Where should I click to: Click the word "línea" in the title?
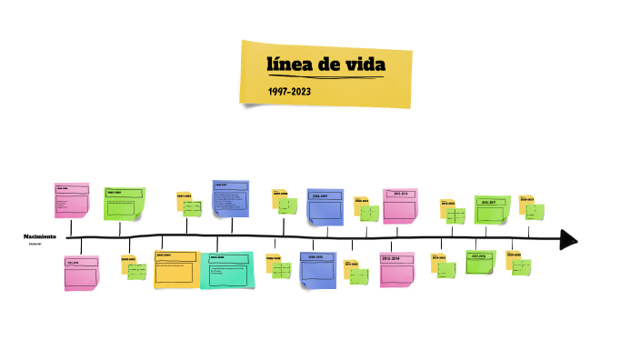(288, 65)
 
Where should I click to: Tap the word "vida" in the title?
(364, 65)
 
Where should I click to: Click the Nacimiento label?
(40, 235)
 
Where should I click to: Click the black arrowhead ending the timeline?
(568, 239)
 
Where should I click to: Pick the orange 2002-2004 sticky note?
(175, 269)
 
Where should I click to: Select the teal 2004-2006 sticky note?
(226, 270)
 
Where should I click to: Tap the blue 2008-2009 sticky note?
(325, 206)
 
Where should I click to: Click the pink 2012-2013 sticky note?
(400, 205)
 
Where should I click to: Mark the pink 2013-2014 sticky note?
(397, 270)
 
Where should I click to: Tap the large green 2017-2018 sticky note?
(482, 262)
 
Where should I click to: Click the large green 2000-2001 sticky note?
(125, 203)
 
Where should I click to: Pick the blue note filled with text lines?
(231, 198)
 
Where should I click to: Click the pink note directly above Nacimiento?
(72, 199)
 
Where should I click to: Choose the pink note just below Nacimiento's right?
(80, 274)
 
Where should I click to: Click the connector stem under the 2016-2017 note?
(486, 231)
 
